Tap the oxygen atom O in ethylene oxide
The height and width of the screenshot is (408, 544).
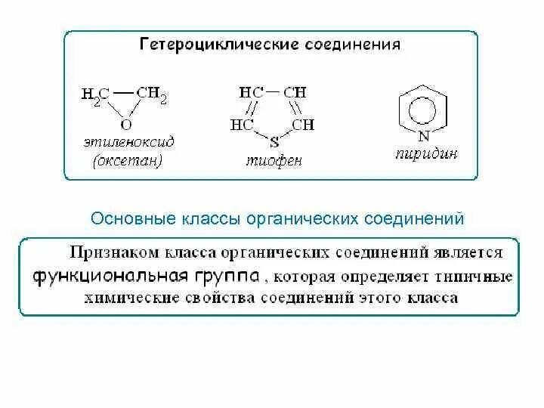pos(126,123)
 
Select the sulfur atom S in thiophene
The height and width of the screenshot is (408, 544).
pos(274,140)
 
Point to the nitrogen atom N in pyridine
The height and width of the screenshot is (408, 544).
pos(423,135)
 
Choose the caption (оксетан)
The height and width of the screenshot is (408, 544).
pos(127,160)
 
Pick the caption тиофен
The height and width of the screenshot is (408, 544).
pos(274,160)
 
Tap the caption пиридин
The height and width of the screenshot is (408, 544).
pos(426,153)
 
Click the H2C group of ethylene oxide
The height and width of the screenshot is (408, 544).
pos(96,96)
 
